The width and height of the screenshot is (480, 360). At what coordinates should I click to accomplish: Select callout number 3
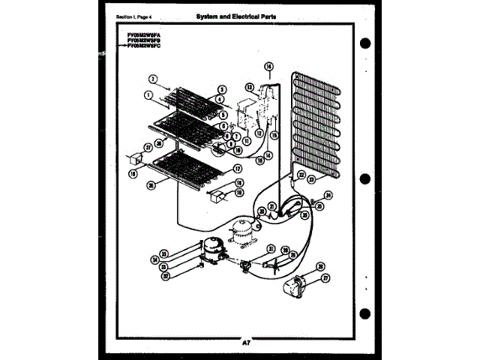pyautogui.click(x=223, y=88)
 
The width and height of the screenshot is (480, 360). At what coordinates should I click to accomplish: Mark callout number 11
pyautogui.click(x=245, y=140)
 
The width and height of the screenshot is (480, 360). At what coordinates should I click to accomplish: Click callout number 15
pyautogui.click(x=274, y=135)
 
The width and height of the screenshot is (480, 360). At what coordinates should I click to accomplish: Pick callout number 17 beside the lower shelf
pyautogui.click(x=238, y=169)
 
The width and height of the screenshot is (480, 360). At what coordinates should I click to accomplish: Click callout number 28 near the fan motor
pyautogui.click(x=320, y=265)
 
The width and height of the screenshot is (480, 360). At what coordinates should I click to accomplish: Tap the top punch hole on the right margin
pyautogui.click(x=366, y=41)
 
